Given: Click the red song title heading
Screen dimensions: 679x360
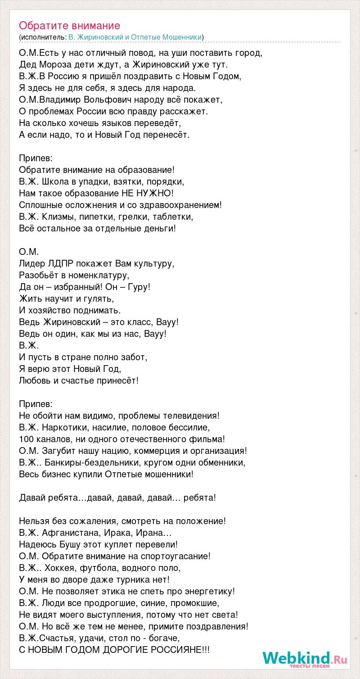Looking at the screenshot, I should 70,25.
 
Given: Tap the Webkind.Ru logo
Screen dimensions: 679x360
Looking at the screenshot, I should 305,660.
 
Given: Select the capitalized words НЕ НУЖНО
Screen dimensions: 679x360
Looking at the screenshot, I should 147,193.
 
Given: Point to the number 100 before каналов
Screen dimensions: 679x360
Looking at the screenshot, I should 26,439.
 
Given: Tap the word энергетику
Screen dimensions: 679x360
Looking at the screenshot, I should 211,591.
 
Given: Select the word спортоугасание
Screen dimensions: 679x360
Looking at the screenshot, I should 177,556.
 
